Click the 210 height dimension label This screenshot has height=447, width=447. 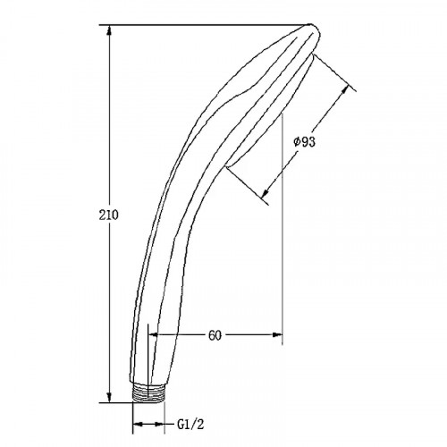[108, 215]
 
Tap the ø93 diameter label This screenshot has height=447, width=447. [304, 142]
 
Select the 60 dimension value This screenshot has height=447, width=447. [215, 335]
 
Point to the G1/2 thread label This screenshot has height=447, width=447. [190, 424]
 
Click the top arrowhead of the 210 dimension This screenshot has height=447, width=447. [110, 31]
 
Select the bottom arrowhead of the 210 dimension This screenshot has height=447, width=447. [110, 396]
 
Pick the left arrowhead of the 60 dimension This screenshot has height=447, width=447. [154, 335]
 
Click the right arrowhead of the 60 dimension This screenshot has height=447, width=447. [276, 335]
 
